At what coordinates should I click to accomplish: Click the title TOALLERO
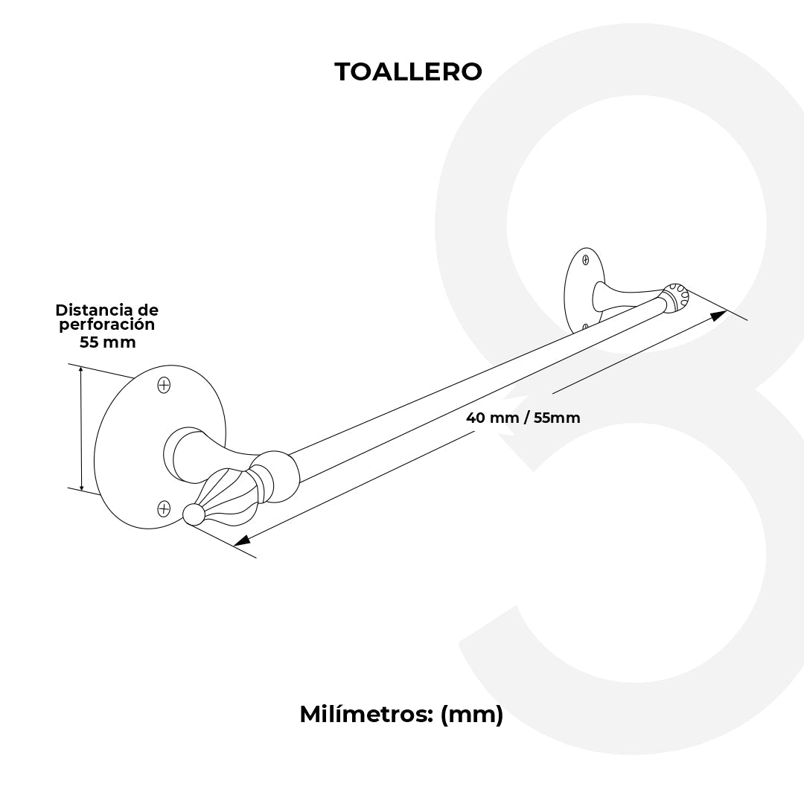[x=408, y=71]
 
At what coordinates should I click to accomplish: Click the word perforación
[x=107, y=325]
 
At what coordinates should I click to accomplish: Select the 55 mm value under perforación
[x=107, y=342]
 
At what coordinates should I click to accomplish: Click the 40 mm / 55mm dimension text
[x=523, y=418]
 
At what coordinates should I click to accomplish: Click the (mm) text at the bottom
[x=472, y=715]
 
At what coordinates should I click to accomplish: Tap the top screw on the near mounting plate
[x=164, y=385]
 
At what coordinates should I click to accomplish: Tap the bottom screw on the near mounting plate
[x=164, y=508]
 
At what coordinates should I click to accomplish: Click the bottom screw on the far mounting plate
[x=586, y=326]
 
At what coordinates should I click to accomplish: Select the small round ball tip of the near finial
[x=193, y=514]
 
